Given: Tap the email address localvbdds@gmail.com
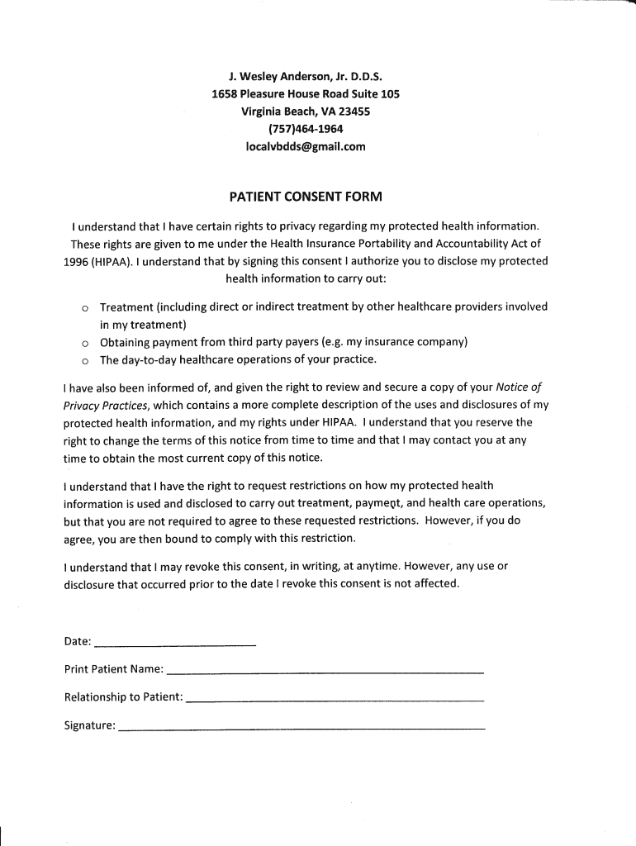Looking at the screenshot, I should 306,146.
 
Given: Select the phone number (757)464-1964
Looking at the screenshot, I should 306,129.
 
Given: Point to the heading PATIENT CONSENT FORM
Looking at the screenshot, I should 306,197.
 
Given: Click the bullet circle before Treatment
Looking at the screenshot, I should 84,307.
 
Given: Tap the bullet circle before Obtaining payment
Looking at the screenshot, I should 84,343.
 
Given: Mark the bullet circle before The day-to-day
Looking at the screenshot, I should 84,360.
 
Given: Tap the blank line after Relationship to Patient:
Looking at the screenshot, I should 335,700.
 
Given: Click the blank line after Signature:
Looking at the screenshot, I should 301,729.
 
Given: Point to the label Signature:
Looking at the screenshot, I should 89,725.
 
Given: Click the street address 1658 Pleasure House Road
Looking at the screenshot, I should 285,94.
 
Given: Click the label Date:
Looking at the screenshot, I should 78,642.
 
